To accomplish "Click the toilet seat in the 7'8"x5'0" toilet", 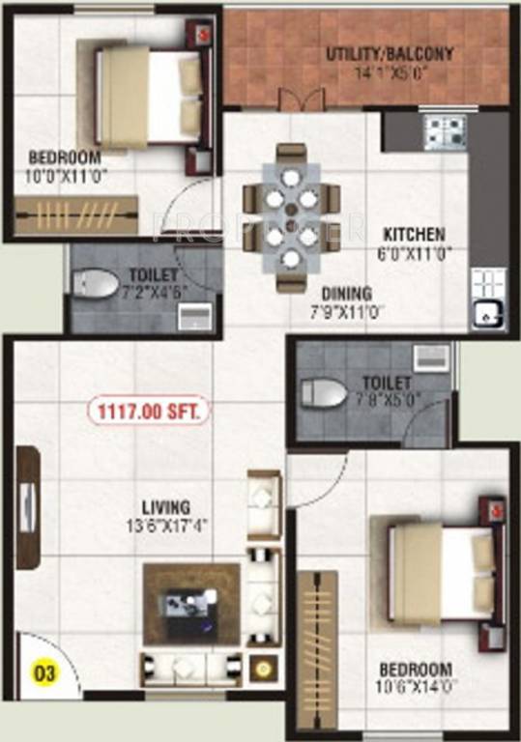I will click(320, 392).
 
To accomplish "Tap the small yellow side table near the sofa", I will click(261, 668).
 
